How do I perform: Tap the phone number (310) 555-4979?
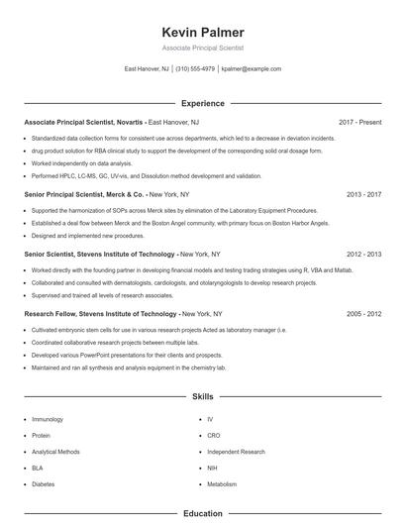pyautogui.click(x=195, y=69)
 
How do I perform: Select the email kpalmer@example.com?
pyautogui.click(x=252, y=69)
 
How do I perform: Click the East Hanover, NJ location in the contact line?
pyautogui.click(x=147, y=69)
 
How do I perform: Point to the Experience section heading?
pyautogui.click(x=202, y=103)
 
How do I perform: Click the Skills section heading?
pyautogui.click(x=202, y=396)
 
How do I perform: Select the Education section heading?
pyautogui.click(x=202, y=514)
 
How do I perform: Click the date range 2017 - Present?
pyautogui.click(x=359, y=122)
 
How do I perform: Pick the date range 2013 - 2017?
pyautogui.click(x=363, y=195)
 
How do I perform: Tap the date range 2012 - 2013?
pyautogui.click(x=363, y=254)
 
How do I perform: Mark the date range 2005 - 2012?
pyautogui.click(x=363, y=313)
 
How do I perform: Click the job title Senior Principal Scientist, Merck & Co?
pyautogui.click(x=85, y=195)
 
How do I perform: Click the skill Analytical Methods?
pyautogui.click(x=55, y=452)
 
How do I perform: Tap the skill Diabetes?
pyautogui.click(x=44, y=483)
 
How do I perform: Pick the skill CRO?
pyautogui.click(x=214, y=436)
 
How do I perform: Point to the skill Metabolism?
pyautogui.click(x=222, y=483)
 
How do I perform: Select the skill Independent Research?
pyautogui.click(x=236, y=452)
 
